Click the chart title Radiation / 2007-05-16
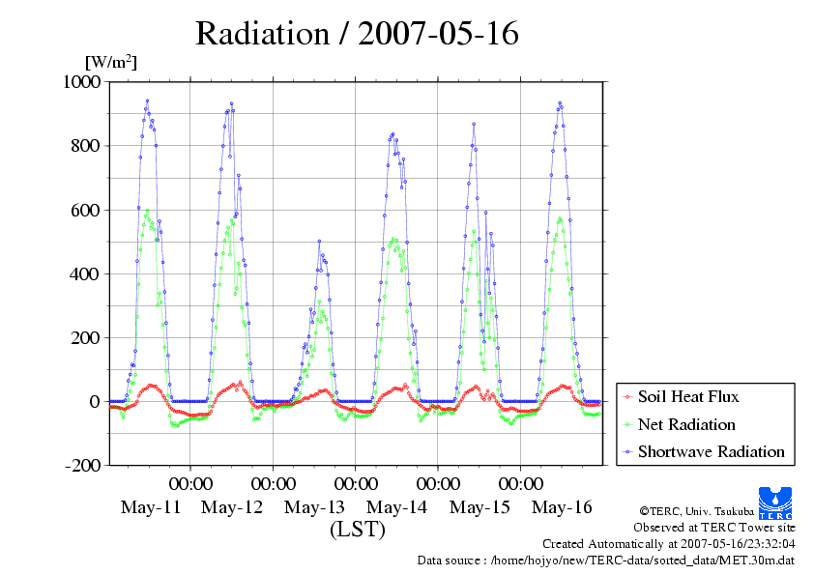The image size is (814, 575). tap(357, 34)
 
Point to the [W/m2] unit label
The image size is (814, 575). tap(111, 63)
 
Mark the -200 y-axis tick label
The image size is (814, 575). tap(82, 465)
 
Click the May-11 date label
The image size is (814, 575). tap(150, 507)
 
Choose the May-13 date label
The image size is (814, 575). tap(314, 507)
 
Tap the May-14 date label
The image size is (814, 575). tap(396, 507)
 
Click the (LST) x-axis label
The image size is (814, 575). tap(357, 530)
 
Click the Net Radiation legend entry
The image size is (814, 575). tap(686, 424)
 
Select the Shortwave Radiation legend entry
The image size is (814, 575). tap(711, 451)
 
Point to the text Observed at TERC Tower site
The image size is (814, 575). tap(713, 527)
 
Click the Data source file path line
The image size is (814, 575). tap(606, 560)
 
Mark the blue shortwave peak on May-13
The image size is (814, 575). tap(319, 242)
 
